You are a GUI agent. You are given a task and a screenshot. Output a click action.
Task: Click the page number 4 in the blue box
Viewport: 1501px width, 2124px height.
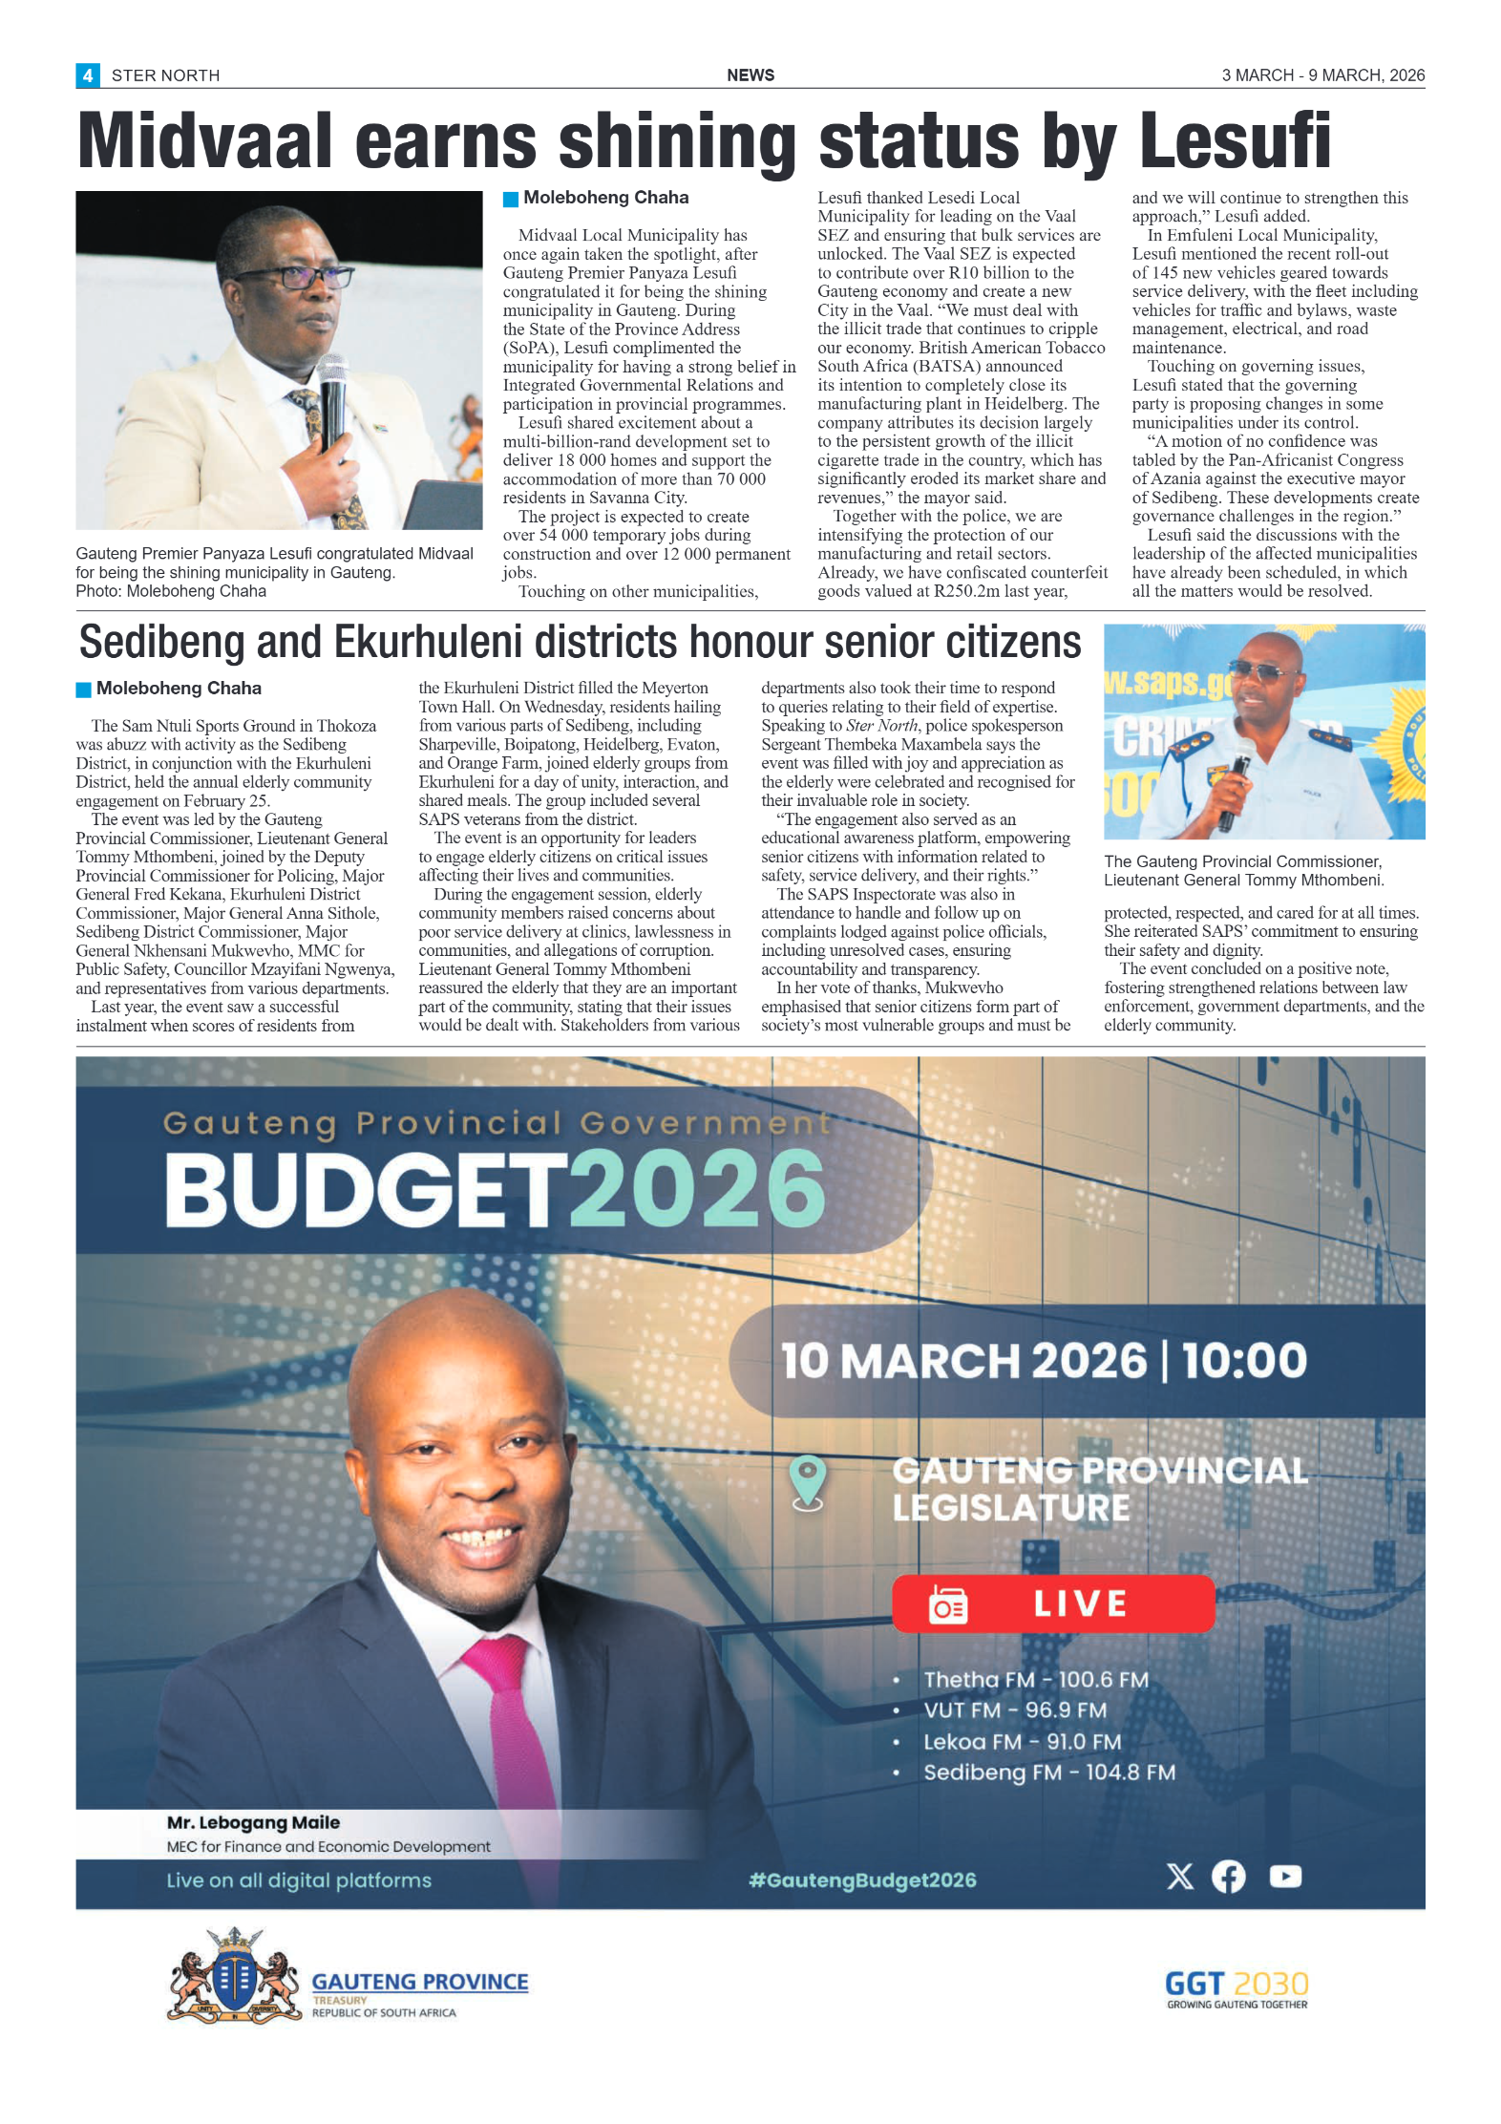[87, 75]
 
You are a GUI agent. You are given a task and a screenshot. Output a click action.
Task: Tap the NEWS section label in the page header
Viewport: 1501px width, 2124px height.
[750, 75]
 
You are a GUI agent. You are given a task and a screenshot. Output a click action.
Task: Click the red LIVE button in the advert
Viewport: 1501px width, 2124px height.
[1052, 1604]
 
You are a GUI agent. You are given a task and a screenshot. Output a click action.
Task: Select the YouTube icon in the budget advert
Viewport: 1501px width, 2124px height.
[1285, 1877]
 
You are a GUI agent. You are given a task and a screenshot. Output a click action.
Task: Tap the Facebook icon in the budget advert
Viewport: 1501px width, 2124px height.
[1229, 1877]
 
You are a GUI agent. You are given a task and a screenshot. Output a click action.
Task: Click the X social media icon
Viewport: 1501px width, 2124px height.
[1179, 1877]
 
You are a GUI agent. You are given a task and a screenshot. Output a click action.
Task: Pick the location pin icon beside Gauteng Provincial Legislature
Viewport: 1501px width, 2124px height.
[808, 1482]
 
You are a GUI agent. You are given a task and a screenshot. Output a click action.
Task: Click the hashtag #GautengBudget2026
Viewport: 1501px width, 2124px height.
[862, 1880]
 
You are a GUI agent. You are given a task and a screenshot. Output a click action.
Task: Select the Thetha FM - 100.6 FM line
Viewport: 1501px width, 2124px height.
[1035, 1680]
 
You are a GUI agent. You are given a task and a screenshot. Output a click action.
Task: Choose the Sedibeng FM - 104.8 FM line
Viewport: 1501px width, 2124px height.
[1048, 1773]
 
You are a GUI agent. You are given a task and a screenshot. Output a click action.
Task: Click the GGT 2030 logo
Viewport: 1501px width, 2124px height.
[1237, 1989]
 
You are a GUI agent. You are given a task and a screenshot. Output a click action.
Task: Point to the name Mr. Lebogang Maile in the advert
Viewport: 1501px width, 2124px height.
[253, 1822]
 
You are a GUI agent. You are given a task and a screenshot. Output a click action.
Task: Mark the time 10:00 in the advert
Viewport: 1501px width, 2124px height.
[1244, 1360]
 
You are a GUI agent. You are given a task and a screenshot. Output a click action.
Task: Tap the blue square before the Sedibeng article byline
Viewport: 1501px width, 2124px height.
[84, 690]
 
